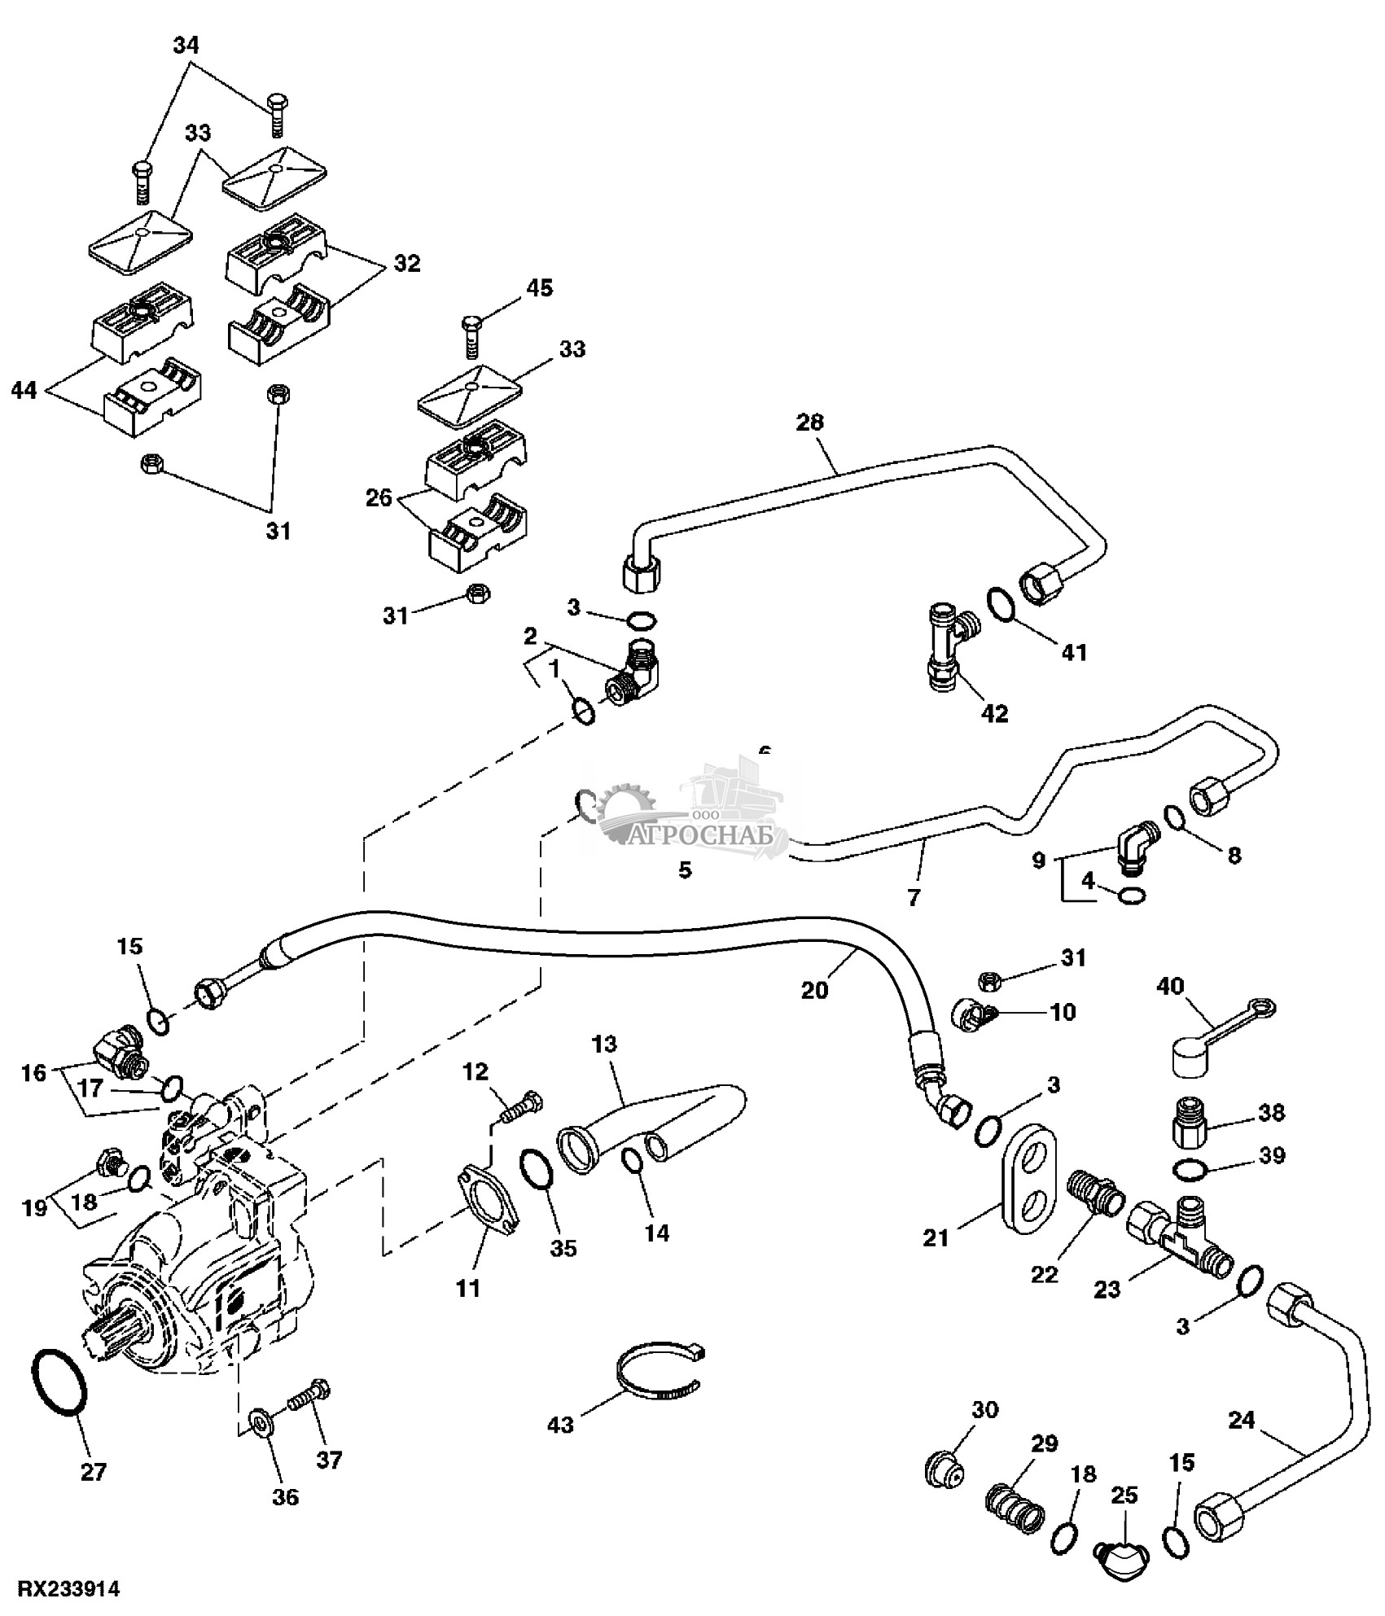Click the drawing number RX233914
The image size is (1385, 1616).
coord(69,1588)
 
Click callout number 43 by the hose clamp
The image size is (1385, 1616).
coord(561,1425)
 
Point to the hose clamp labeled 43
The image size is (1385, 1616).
coord(660,1376)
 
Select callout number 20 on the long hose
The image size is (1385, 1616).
coord(814,989)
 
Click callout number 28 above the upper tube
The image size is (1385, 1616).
coord(811,423)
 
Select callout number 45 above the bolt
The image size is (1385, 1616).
coord(539,287)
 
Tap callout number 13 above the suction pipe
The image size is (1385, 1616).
coord(605,1044)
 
